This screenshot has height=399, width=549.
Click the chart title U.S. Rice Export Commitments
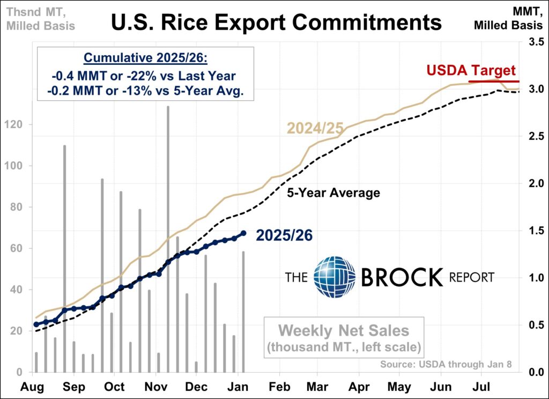click(276, 23)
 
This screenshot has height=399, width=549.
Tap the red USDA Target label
click(471, 71)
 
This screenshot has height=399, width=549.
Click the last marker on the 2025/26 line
click(244, 233)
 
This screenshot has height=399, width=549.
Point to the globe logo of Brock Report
click(334, 277)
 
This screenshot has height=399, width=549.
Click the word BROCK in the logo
click(402, 277)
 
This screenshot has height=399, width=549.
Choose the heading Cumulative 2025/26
click(145, 58)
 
